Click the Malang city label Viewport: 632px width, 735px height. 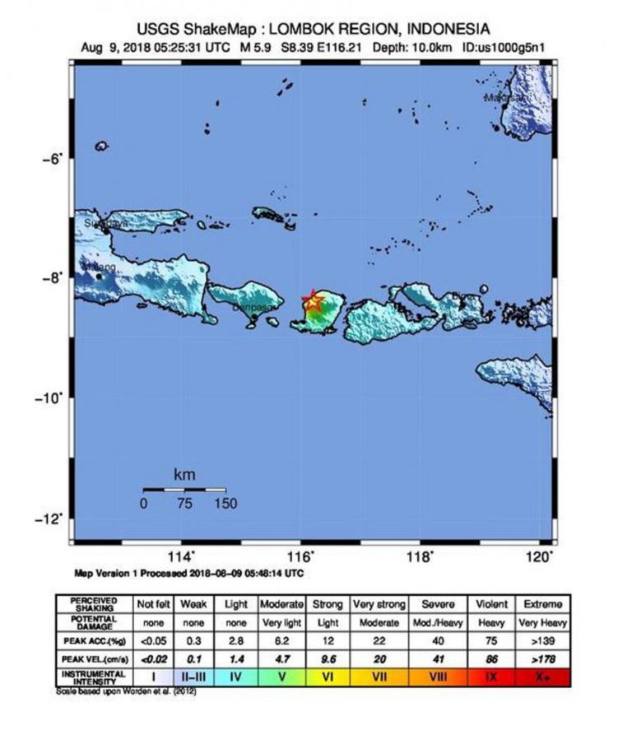[100, 267]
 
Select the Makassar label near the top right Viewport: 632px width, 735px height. [504, 97]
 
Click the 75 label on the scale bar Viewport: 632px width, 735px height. [184, 504]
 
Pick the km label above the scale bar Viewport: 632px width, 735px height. [184, 475]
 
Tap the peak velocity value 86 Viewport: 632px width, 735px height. [490, 658]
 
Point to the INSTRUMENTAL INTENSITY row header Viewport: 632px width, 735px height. [93, 677]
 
